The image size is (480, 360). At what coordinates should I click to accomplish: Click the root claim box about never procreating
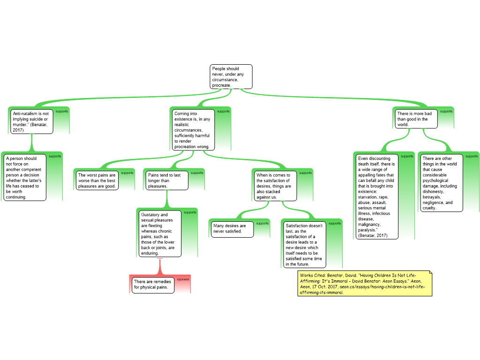coord(231,76)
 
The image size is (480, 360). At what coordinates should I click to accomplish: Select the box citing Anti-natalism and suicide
coord(31,121)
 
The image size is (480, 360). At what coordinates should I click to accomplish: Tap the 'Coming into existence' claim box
coord(193,130)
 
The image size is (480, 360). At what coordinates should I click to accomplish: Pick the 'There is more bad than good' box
coord(416,119)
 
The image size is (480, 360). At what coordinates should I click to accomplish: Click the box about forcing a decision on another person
coord(25,178)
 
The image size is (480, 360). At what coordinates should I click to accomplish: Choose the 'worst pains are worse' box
coord(97,180)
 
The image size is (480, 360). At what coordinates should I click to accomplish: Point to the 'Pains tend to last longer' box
coord(167,180)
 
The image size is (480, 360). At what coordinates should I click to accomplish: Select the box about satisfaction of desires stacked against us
coord(276,186)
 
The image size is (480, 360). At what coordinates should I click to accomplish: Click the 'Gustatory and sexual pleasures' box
coord(160,233)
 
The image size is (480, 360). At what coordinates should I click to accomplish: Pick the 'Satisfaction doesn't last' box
coord(305,245)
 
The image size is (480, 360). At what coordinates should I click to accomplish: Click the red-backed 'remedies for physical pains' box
coord(153,285)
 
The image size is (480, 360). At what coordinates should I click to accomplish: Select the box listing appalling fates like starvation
coord(377,196)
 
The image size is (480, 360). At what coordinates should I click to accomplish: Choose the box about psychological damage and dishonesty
coord(442,183)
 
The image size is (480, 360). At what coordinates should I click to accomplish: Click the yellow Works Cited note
coord(365,284)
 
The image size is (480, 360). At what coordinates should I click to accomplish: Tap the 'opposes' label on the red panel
coord(183,279)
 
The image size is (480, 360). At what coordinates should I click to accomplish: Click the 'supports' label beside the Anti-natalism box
coord(62,112)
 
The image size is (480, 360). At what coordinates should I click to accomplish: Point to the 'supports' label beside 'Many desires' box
coord(262,224)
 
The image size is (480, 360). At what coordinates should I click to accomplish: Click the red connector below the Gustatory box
coord(160,267)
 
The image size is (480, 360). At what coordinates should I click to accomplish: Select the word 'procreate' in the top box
coord(221,85)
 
